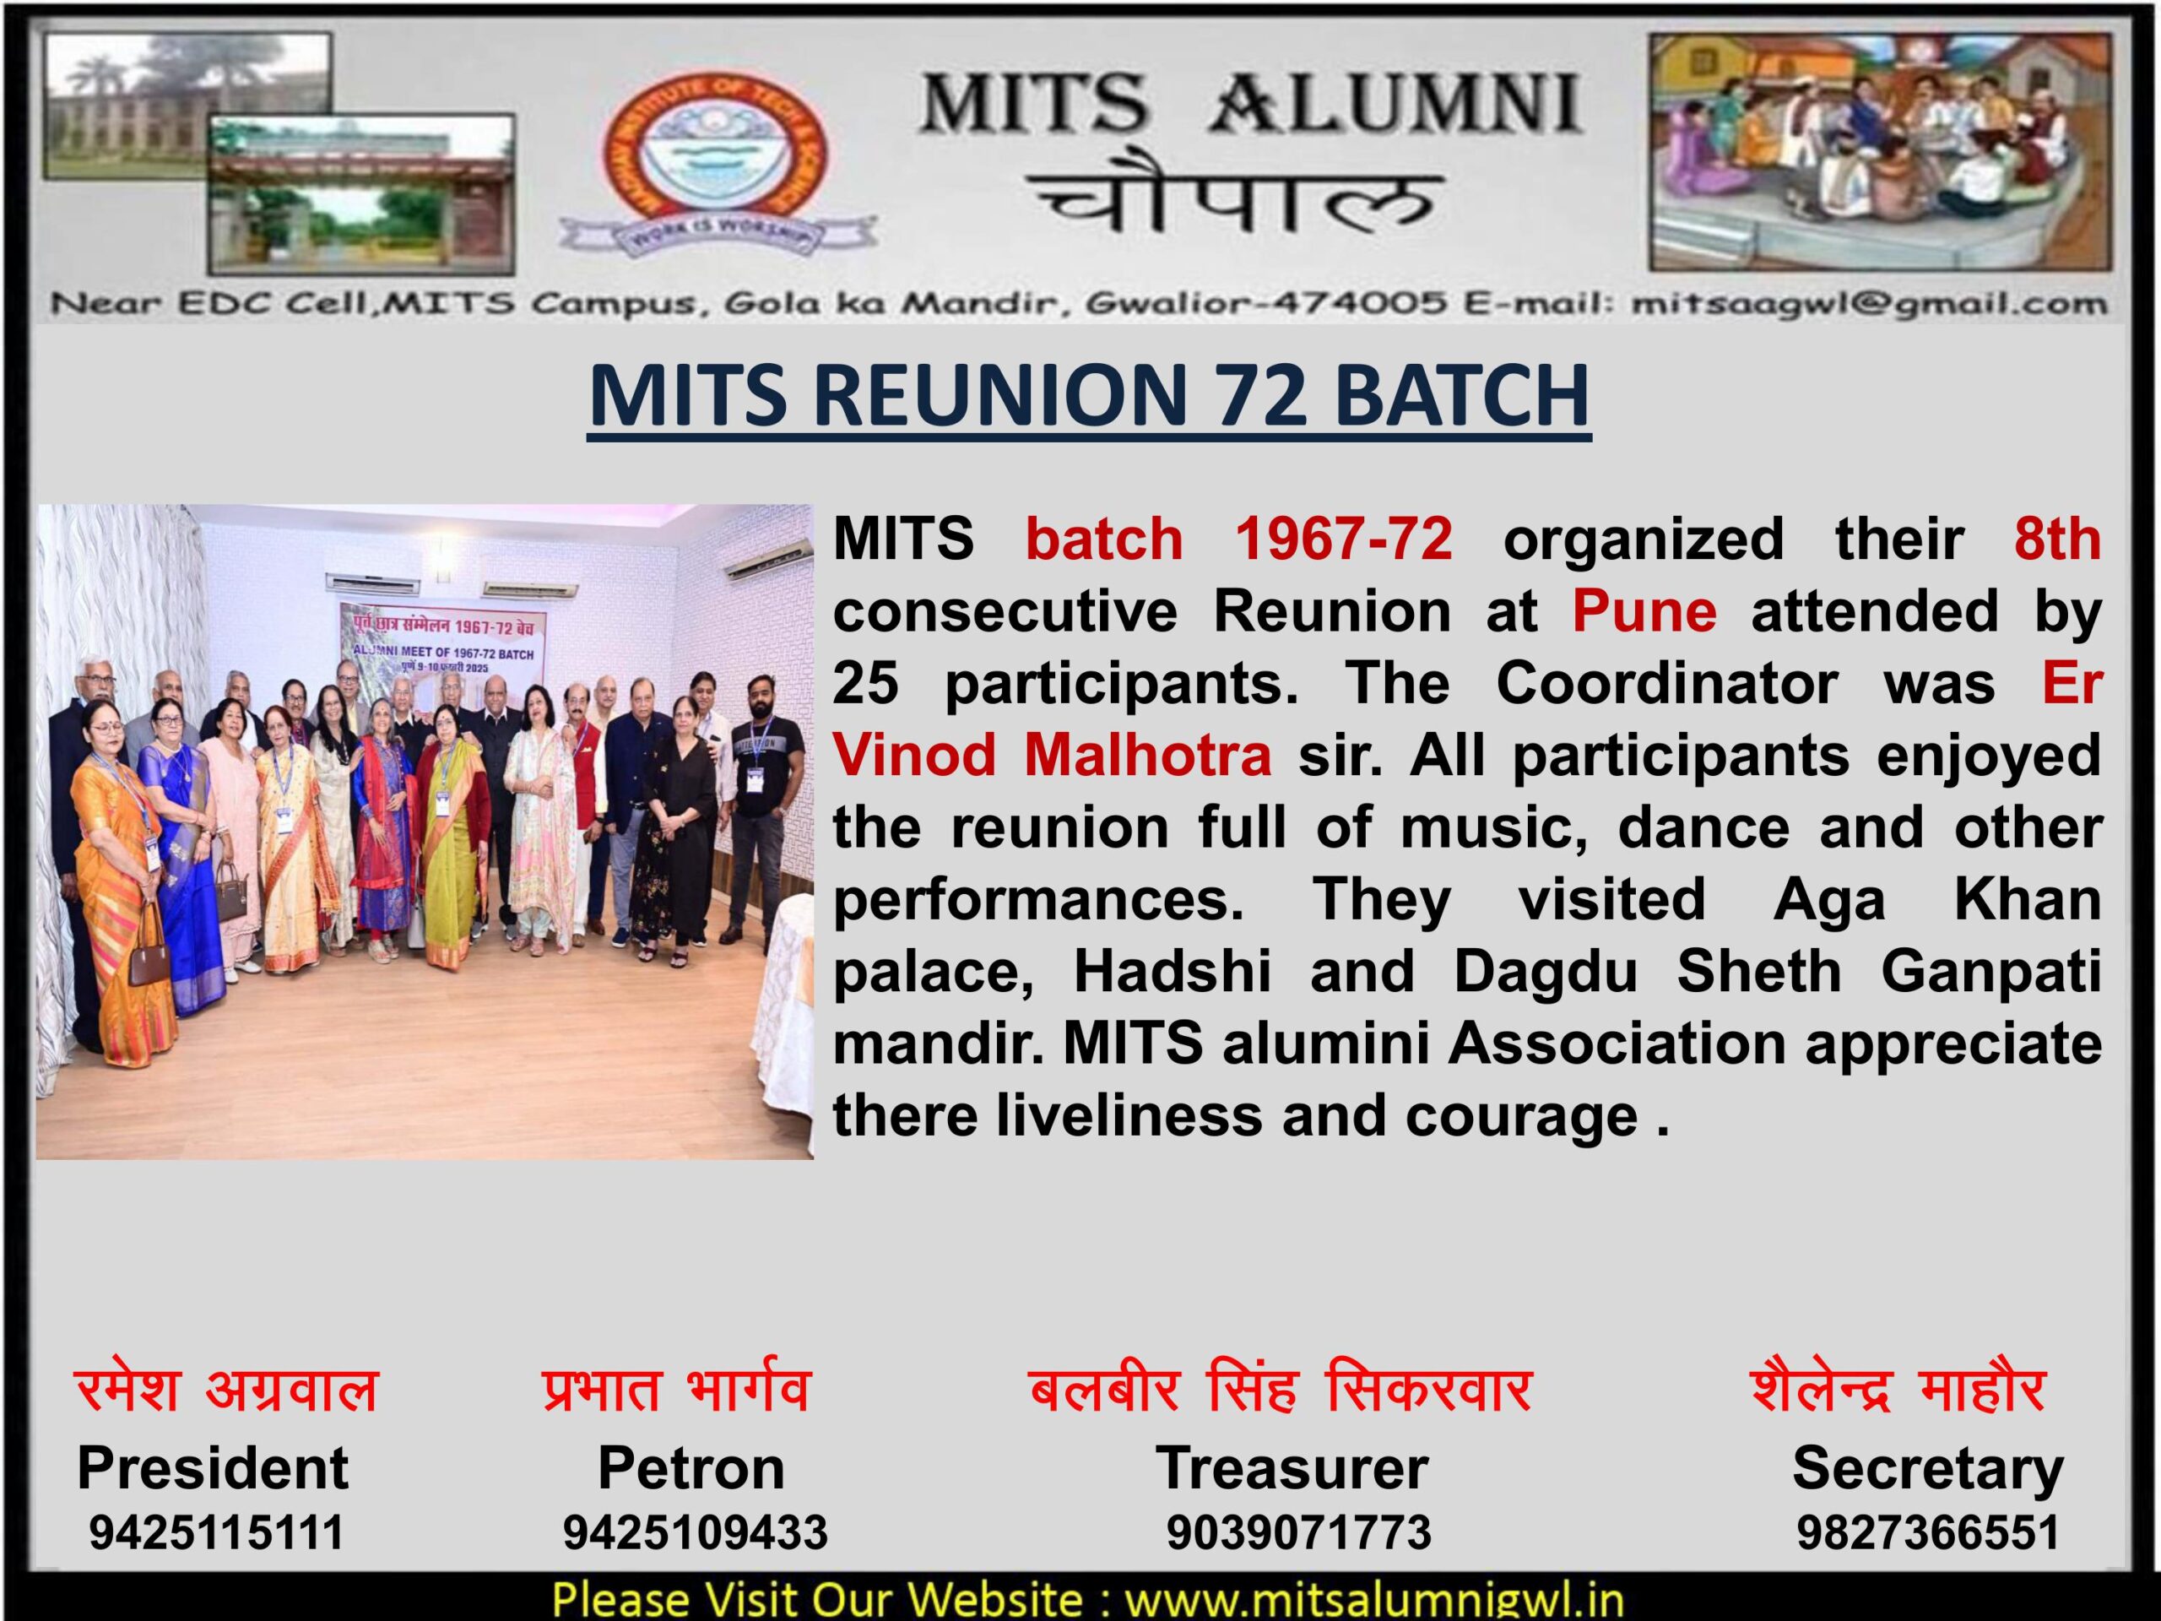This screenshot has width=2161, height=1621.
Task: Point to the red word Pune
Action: click(1644, 610)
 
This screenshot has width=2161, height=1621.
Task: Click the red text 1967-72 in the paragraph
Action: click(1343, 539)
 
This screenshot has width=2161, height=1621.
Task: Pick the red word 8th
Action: click(2056, 539)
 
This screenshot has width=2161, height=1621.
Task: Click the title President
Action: click(213, 1466)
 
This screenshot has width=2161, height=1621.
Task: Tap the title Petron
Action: click(691, 1466)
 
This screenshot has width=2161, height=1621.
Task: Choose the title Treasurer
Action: click(1292, 1466)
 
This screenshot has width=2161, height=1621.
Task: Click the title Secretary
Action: click(1927, 1468)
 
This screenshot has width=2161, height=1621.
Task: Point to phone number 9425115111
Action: click(217, 1532)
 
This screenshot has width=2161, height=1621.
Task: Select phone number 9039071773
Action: click(1298, 1532)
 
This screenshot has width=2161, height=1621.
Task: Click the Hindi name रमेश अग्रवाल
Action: click(225, 1390)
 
